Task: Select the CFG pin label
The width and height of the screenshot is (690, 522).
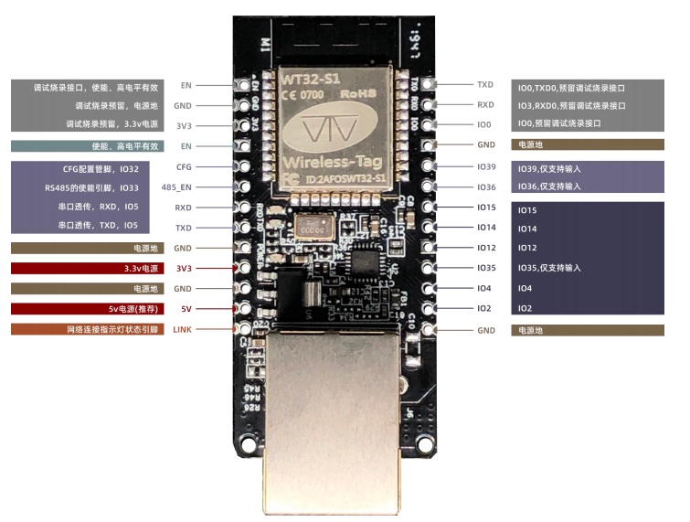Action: (x=184, y=167)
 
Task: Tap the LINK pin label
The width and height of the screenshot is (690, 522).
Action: (x=183, y=328)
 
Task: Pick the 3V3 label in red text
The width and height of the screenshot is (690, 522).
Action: (x=184, y=269)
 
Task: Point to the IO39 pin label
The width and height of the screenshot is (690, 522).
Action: (x=485, y=167)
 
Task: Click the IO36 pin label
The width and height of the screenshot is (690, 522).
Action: (x=485, y=187)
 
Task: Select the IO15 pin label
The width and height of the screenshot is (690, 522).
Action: (x=485, y=208)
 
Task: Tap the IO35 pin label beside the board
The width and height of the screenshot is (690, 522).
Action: (x=485, y=268)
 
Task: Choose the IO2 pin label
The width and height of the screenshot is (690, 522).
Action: (x=483, y=309)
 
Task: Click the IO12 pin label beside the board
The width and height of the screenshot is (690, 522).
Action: (x=485, y=248)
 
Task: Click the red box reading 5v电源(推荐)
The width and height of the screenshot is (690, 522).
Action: (x=87, y=309)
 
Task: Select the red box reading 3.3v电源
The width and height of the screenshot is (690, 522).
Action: (x=87, y=269)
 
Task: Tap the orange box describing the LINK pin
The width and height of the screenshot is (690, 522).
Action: (x=87, y=329)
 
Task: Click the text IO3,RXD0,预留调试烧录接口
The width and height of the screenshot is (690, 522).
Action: (x=571, y=105)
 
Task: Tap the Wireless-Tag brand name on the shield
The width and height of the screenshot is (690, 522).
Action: (x=324, y=164)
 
